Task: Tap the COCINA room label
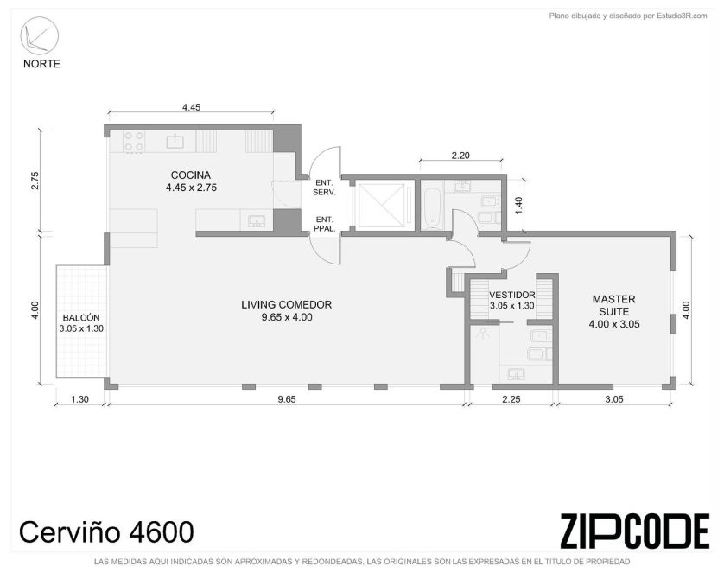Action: click(191, 175)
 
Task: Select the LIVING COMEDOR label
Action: click(286, 305)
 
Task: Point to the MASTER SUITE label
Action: click(613, 305)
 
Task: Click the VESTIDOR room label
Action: click(512, 295)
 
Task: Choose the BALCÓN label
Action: click(81, 318)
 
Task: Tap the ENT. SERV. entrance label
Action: click(324, 188)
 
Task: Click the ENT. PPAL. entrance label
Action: click(324, 224)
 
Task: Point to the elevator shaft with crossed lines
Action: click(381, 206)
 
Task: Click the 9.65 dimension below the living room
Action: click(286, 399)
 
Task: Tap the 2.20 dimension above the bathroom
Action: click(460, 156)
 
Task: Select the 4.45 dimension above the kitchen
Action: click(191, 107)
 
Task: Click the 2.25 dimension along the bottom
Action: click(511, 399)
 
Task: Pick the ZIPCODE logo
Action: click(635, 531)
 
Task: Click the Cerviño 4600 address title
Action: click(106, 532)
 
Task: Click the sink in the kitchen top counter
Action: click(175, 141)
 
